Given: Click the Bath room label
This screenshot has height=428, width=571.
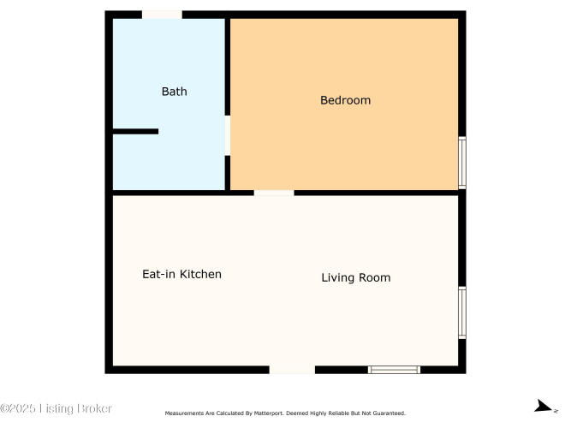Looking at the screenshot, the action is tap(175, 92).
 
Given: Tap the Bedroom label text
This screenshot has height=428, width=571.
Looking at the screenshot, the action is tap(346, 100).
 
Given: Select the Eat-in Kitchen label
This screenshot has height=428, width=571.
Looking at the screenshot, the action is tap(181, 274).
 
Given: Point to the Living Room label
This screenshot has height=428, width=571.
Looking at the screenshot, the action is tap(356, 277).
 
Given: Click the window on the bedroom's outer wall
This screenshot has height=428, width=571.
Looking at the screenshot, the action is tap(462, 163).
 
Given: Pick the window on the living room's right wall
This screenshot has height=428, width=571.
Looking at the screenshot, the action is tap(462, 313).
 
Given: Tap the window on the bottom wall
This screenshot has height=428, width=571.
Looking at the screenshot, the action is tap(394, 370).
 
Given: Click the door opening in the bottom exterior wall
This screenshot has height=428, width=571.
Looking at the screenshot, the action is tap(292, 370).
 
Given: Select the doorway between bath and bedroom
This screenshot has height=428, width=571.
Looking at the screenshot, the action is tap(228, 135).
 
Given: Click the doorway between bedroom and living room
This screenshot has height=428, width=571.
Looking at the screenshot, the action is tap(274, 193).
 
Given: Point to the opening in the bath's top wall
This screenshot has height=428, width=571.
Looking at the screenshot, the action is tap(162, 15).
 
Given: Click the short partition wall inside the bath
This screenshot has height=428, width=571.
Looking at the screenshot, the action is tap(135, 132).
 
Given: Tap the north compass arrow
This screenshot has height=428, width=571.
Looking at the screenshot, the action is tap(544, 406).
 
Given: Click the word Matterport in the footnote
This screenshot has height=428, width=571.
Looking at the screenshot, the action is tap(269, 413).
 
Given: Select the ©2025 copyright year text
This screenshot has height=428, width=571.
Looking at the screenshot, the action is tap(18, 408).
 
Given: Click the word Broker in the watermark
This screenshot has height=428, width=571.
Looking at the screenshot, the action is tap(94, 408).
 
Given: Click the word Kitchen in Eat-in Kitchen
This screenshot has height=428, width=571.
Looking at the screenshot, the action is tap(201, 274).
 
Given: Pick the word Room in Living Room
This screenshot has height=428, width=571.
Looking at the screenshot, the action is tap(375, 277).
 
